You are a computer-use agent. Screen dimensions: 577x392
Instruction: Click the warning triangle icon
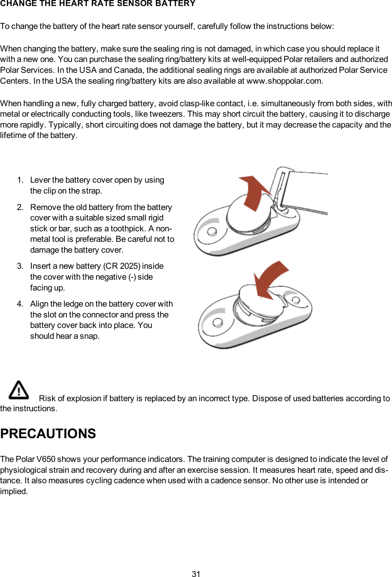19,389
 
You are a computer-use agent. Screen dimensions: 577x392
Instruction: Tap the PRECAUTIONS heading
48,434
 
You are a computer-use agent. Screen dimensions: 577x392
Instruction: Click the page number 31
196,574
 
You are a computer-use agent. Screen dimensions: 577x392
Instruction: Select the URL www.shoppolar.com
284,81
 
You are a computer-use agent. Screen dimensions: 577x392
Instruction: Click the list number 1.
20,180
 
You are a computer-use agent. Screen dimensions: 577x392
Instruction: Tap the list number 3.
20,266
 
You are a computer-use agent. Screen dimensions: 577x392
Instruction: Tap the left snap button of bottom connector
218,322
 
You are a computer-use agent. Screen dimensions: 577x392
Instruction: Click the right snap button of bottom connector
296,300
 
